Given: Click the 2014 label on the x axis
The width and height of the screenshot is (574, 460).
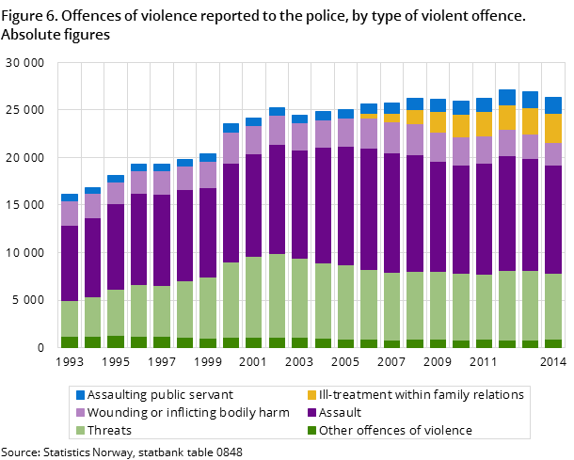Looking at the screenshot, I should pyautogui.click(x=552, y=361).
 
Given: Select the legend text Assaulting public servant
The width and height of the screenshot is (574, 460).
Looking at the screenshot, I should pyautogui.click(x=160, y=395).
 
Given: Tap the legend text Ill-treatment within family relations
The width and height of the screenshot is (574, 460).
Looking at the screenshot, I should pyautogui.click(x=421, y=395).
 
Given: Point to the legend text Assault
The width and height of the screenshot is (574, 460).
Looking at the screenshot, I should pyautogui.click(x=340, y=413).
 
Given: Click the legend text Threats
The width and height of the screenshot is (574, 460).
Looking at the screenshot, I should pyautogui.click(x=109, y=431).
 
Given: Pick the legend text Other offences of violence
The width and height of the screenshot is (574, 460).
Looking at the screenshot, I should pyautogui.click(x=395, y=431).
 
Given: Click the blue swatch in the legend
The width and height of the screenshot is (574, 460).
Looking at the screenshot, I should pyautogui.click(x=80, y=395).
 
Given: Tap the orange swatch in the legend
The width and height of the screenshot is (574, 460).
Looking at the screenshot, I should pyautogui.click(x=311, y=395).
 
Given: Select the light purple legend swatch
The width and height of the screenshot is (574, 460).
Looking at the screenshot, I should pyautogui.click(x=80, y=413).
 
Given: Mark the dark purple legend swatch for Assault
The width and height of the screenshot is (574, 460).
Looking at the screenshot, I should pyautogui.click(x=311, y=413).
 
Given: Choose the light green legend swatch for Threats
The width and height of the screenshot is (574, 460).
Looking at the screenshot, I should pyautogui.click(x=80, y=431).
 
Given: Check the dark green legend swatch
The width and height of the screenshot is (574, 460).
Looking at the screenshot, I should pyautogui.click(x=311, y=431).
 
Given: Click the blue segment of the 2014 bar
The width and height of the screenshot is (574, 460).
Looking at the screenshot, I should pyautogui.click(x=553, y=105).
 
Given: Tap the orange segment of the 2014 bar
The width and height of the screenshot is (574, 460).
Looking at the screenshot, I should pyautogui.click(x=553, y=128).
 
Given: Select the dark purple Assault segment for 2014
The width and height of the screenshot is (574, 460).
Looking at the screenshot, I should pyautogui.click(x=553, y=219).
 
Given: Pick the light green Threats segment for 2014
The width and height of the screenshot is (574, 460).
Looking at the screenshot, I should pyautogui.click(x=553, y=307).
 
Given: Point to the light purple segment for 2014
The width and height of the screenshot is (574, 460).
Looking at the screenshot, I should pyautogui.click(x=553, y=154).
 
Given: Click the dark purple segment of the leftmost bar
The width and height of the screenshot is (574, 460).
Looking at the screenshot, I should pyautogui.click(x=70, y=263).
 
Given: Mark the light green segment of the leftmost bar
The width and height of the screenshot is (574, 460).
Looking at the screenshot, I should pyautogui.click(x=70, y=319).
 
